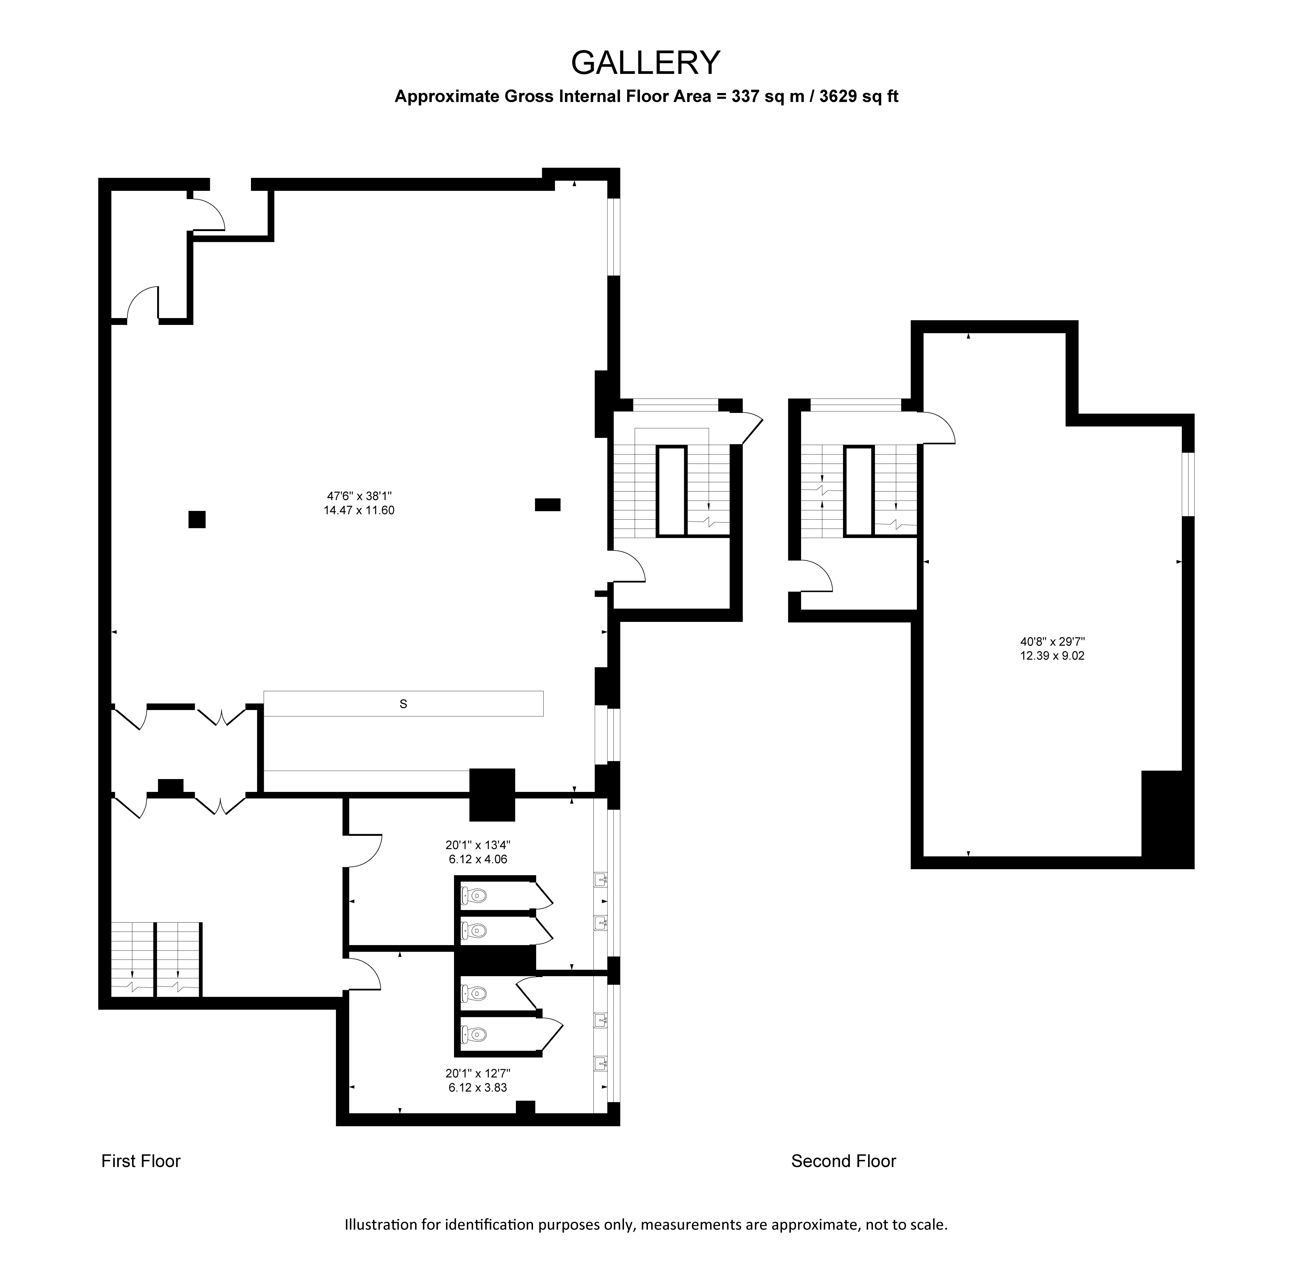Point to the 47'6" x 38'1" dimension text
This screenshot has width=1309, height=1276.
tap(359, 496)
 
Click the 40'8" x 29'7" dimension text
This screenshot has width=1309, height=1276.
tap(1052, 641)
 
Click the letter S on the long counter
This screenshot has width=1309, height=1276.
tap(403, 704)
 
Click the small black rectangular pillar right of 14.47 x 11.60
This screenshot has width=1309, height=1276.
tap(547, 505)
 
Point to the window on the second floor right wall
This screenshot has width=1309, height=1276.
tap(1188, 484)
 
